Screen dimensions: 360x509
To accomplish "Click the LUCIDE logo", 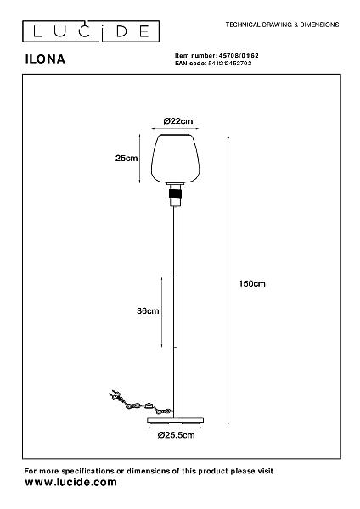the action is (x=91, y=31).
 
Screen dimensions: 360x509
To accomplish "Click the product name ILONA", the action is (x=45, y=59).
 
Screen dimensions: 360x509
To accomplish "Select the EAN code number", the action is (x=230, y=64).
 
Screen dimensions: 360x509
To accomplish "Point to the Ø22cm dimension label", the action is (x=178, y=121).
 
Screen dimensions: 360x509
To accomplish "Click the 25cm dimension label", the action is (x=127, y=159).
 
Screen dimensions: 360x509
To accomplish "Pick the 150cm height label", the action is (x=252, y=283).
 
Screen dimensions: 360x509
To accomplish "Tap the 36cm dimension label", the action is (x=148, y=311).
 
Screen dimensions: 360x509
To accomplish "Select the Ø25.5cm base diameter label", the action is (x=176, y=435).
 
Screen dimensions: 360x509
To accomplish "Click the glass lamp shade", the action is (x=175, y=158).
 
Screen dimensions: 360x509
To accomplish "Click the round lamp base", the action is (x=176, y=421).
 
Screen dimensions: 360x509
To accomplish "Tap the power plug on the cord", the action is (x=115, y=395).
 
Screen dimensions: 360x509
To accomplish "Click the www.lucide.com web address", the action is (x=70, y=482).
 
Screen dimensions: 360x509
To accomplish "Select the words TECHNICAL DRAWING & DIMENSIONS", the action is (x=283, y=25).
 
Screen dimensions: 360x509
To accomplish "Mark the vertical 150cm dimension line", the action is (x=228, y=281).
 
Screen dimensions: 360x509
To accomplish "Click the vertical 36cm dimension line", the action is (x=162, y=312).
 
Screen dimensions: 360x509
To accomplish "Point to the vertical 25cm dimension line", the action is (x=140, y=159).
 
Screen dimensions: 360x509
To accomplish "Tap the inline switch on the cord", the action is (x=149, y=406).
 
